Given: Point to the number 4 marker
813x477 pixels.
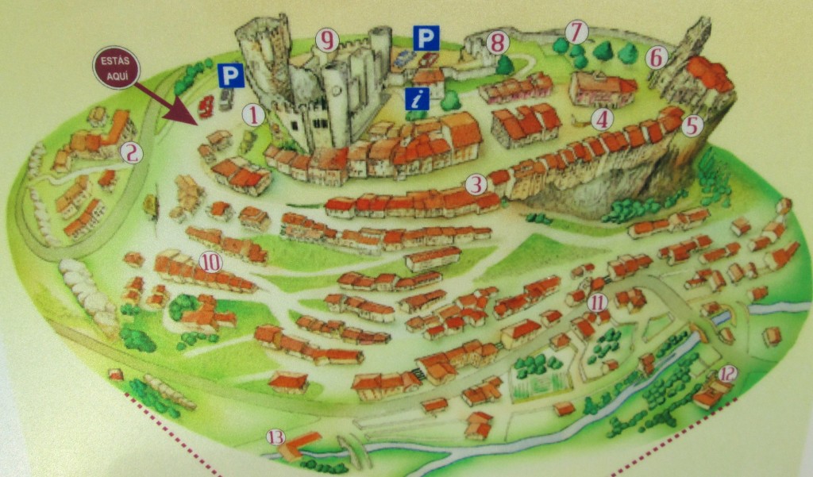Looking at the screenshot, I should click(603, 120).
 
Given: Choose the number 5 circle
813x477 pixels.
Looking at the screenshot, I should click(692, 125).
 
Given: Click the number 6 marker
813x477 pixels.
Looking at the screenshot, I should click(655, 57).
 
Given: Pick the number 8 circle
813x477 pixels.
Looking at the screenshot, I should click(498, 42).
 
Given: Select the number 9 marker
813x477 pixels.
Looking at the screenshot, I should click(326, 39).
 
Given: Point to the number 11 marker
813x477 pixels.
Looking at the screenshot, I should click(598, 302).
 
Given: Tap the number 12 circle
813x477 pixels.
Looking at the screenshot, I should click(727, 374).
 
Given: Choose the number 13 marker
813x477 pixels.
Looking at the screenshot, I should click(275, 437).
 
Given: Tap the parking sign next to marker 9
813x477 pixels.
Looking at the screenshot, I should click(426, 37).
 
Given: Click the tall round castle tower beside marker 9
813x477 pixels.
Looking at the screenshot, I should click(380, 52).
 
